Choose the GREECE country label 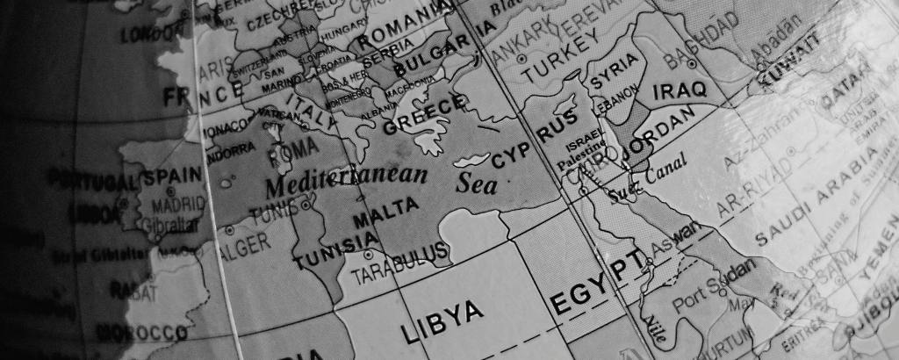[423, 115]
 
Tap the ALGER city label [243, 245]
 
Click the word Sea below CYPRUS [477, 184]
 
